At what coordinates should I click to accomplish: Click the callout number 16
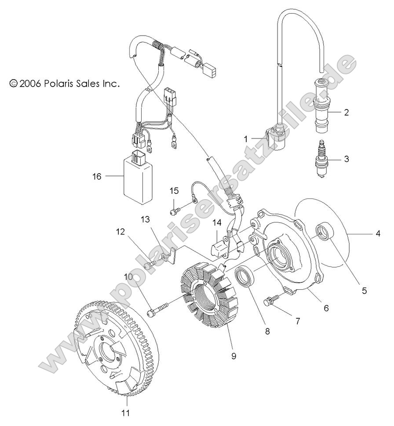96,176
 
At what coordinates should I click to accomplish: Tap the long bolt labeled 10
162,308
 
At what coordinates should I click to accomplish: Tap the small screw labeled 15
175,211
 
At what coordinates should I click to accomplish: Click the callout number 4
377,234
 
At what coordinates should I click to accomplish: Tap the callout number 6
326,309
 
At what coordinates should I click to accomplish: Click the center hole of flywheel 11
108,350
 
